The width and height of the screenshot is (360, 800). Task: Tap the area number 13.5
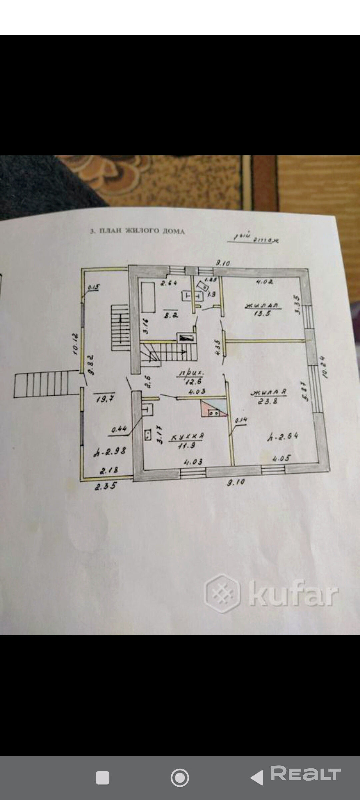pyautogui.click(x=262, y=313)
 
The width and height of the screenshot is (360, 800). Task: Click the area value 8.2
pyautogui.click(x=171, y=315)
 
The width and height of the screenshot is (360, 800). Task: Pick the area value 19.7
pyautogui.click(x=105, y=399)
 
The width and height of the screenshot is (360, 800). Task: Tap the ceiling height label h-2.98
pyautogui.click(x=110, y=452)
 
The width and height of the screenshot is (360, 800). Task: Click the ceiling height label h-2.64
pyautogui.click(x=282, y=437)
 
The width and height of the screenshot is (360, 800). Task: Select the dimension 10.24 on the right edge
pyautogui.click(x=325, y=367)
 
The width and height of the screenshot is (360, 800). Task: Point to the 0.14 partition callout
pyautogui.click(x=241, y=421)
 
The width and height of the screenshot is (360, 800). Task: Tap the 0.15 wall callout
pyautogui.click(x=94, y=287)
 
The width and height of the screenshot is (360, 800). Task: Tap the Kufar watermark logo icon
pyautogui.click(x=222, y=593)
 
